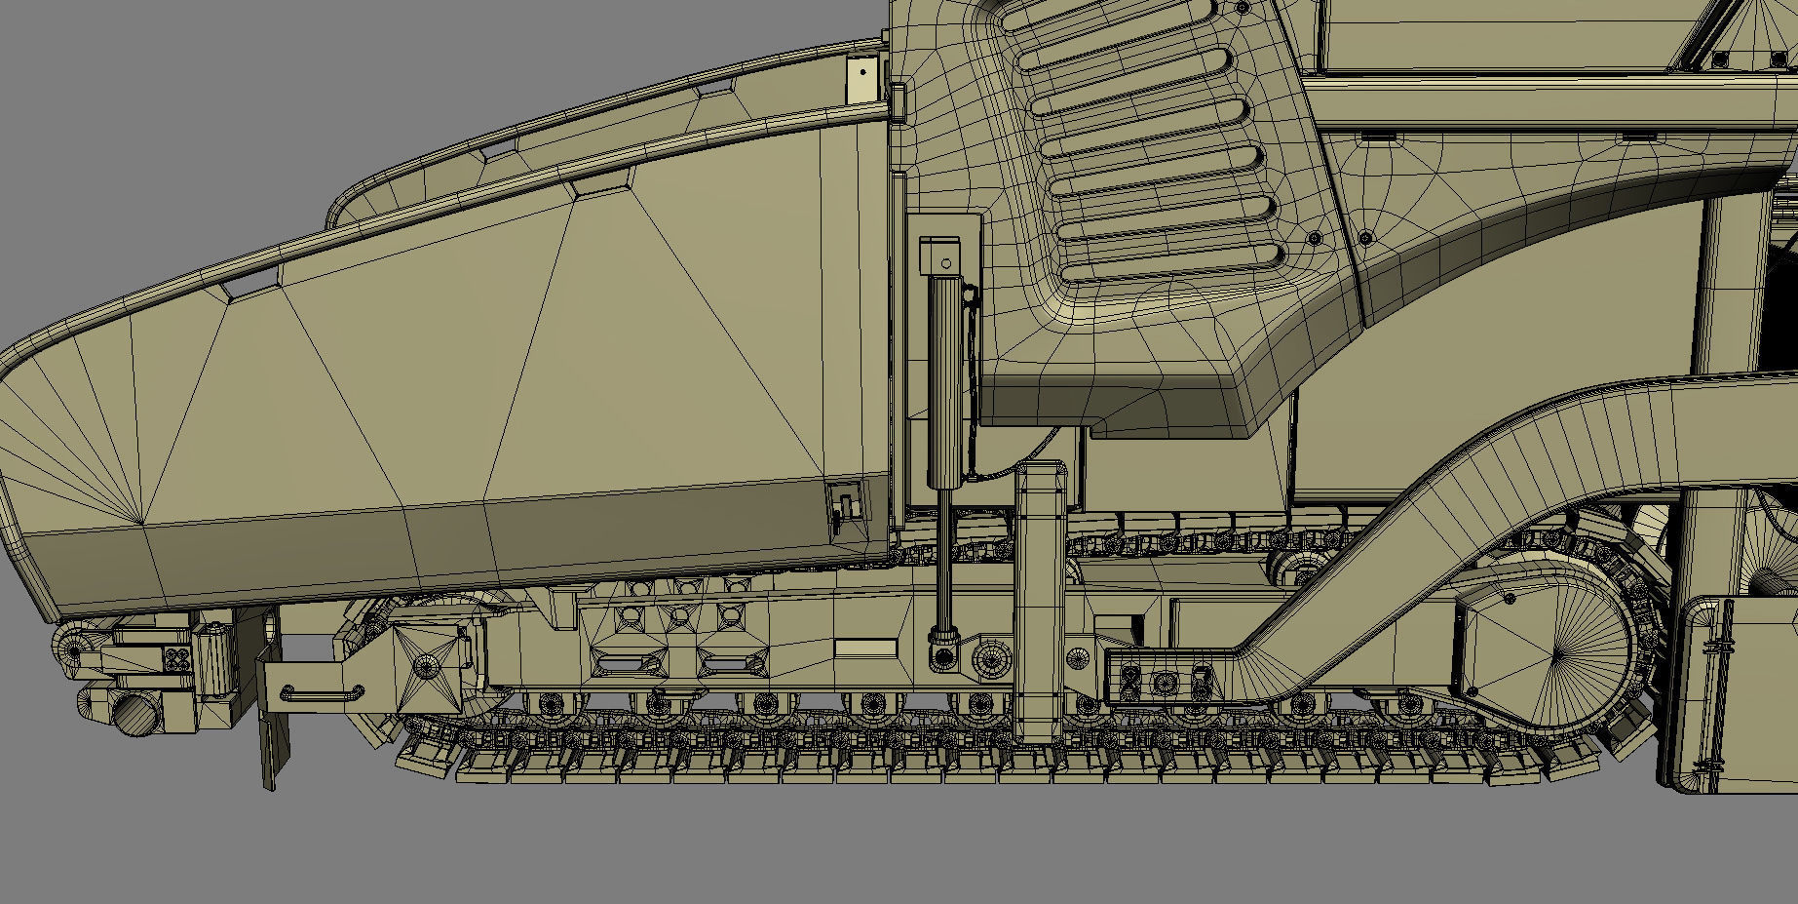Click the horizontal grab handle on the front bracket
(322, 693)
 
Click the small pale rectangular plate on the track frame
(865, 647)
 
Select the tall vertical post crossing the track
(1039, 605)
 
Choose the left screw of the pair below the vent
(1315, 238)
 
